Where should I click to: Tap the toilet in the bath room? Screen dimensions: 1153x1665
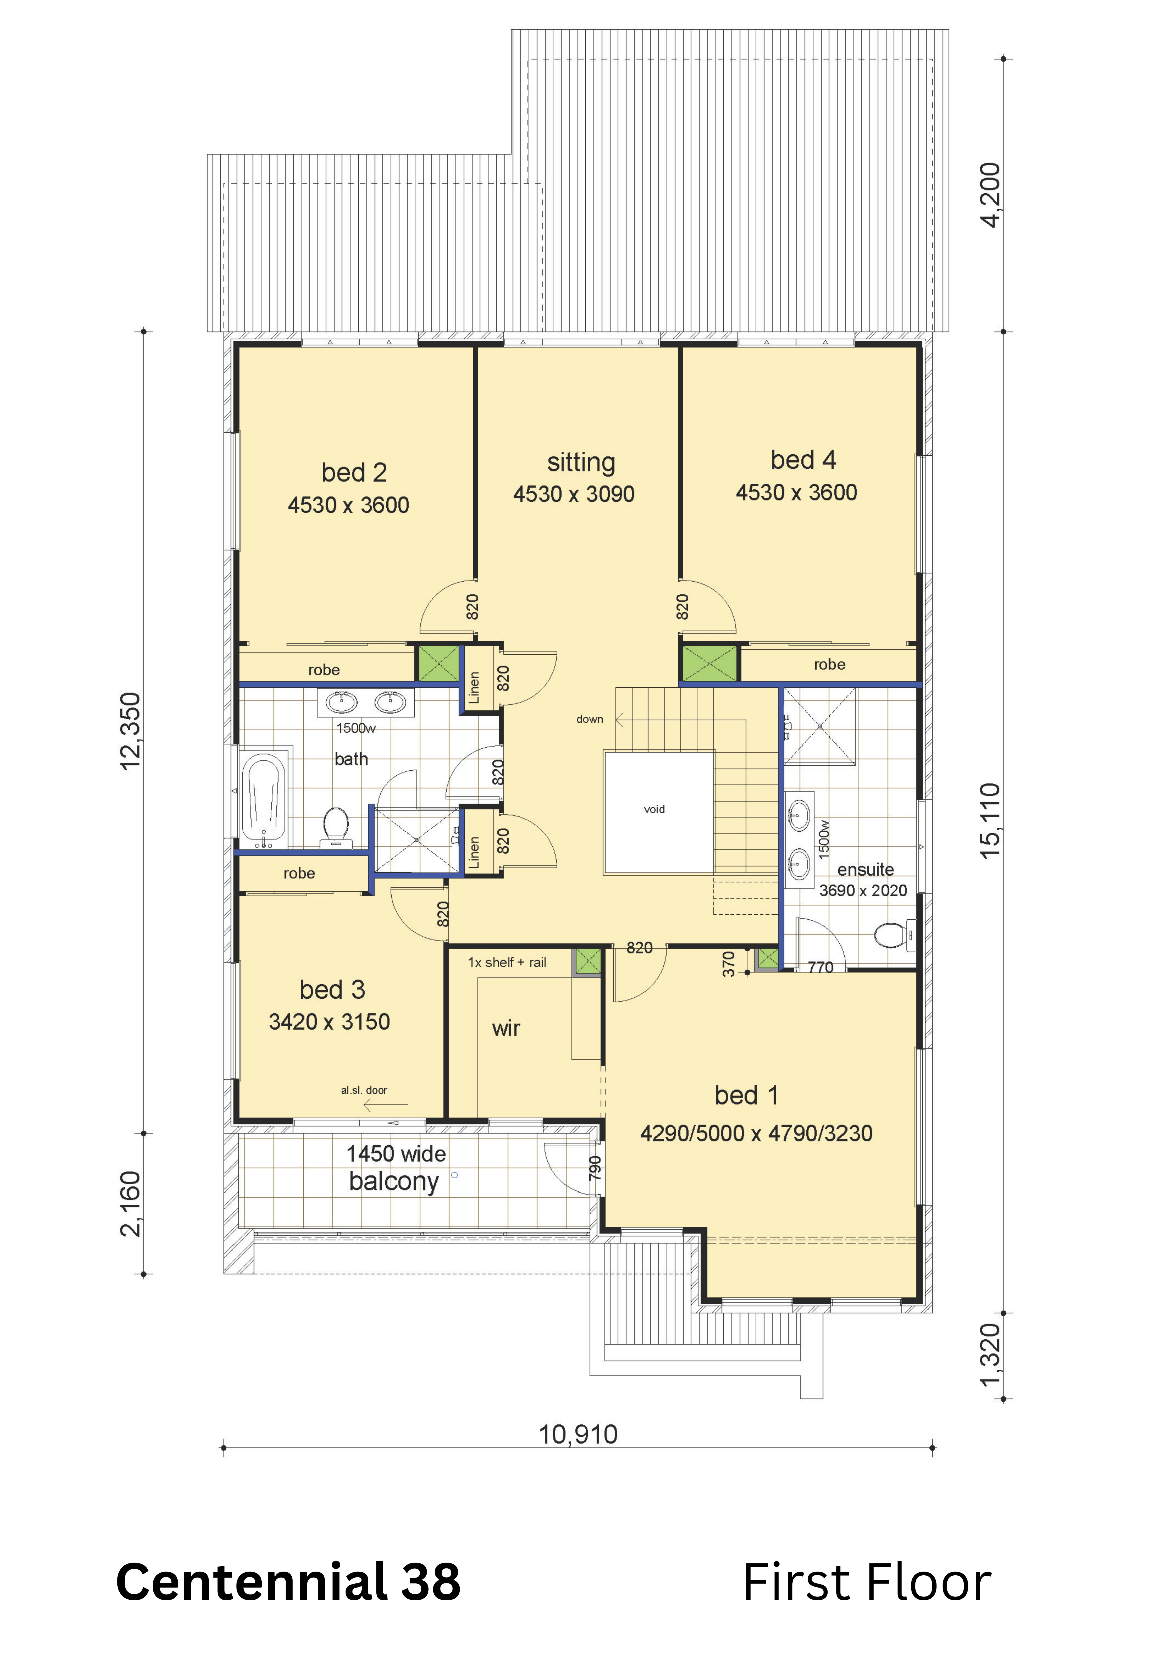[336, 827]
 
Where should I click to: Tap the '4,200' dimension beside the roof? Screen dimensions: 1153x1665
[990, 195]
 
